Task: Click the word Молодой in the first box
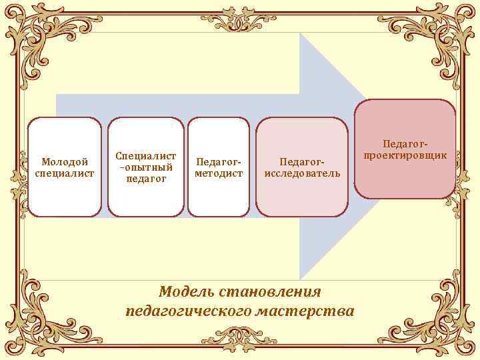coord(65,162)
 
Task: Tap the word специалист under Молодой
coord(65,173)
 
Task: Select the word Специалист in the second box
coord(145,155)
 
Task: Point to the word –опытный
coord(145,167)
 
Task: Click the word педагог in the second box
coord(145,178)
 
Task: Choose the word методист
coord(219,173)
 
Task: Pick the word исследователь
coord(302,173)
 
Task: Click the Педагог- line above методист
coord(219,162)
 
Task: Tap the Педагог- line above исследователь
coord(302,162)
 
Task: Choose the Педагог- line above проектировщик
coord(405,143)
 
